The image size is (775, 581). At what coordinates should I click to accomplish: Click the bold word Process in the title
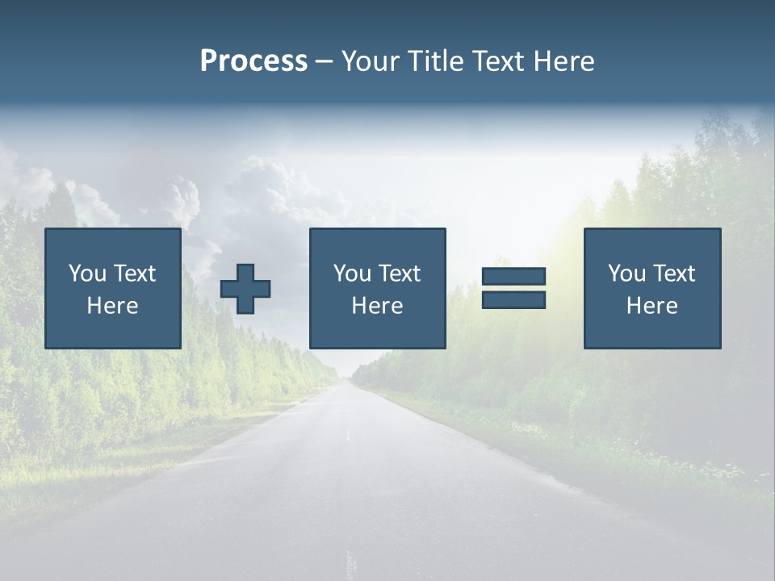tap(253, 61)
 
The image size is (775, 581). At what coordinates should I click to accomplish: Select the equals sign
tap(514, 288)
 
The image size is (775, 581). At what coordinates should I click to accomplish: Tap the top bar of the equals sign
tap(514, 277)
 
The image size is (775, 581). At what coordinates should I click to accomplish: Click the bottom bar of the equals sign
tap(514, 300)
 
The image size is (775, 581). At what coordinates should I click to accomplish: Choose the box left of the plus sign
tap(113, 288)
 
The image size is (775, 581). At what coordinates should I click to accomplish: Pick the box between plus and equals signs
tap(378, 288)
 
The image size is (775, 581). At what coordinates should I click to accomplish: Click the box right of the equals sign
tap(652, 288)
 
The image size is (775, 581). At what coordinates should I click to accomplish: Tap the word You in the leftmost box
tap(87, 274)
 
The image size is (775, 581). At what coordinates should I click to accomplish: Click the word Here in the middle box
tap(378, 306)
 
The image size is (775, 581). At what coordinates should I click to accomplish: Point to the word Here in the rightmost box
tap(652, 306)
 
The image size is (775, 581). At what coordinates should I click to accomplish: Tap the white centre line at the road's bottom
tap(350, 562)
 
